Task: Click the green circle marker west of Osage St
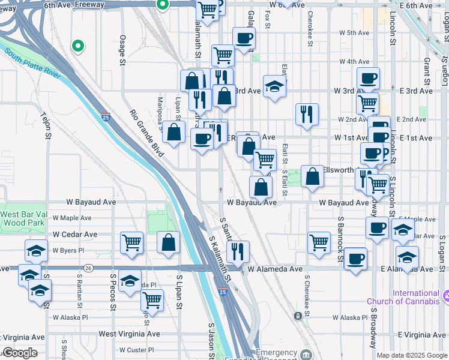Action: (77, 45)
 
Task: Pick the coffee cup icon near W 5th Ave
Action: (244, 38)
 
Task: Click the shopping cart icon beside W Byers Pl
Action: (131, 243)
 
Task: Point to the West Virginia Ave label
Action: (130, 334)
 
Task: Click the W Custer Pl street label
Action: (137, 350)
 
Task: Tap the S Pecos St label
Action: (112, 292)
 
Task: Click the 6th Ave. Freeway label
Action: (74, 4)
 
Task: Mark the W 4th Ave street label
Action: (354, 61)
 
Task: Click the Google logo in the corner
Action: (20, 353)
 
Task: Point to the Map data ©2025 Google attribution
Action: (412, 355)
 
